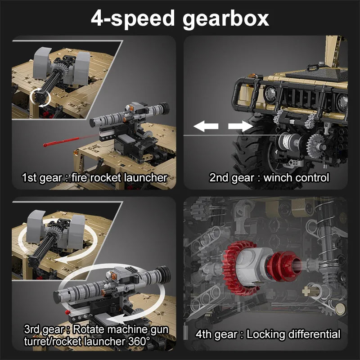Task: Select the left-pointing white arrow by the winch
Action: (206, 126)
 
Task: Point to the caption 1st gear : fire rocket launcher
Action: (94, 178)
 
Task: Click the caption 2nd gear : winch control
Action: (269, 178)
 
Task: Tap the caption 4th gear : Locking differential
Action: (268, 334)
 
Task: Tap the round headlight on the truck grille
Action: (271, 95)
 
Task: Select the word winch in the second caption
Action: (278, 178)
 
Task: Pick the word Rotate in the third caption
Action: (88, 329)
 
